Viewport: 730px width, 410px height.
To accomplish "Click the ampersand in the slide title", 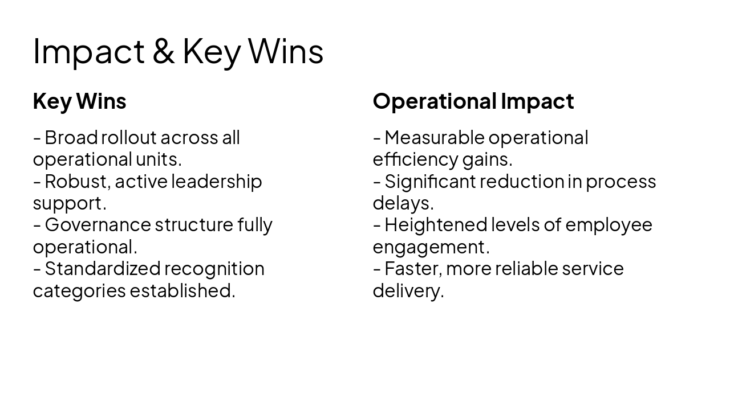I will tap(164, 51).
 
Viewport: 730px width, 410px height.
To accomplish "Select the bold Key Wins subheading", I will tap(79, 101).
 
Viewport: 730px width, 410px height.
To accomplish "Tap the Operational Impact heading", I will tap(473, 101).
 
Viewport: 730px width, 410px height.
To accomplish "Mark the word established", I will tap(182, 290).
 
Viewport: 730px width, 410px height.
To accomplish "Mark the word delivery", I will tap(407, 290).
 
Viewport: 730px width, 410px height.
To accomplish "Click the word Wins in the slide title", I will tap(286, 51).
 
